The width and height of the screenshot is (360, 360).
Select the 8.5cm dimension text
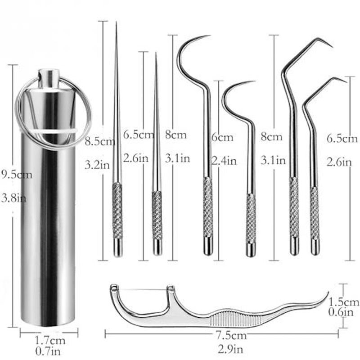(99, 142)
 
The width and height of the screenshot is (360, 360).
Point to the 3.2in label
(97, 165)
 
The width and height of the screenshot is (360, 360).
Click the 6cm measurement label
(223, 137)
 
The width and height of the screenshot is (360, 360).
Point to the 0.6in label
(344, 312)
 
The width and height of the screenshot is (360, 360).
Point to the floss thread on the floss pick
(142, 288)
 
